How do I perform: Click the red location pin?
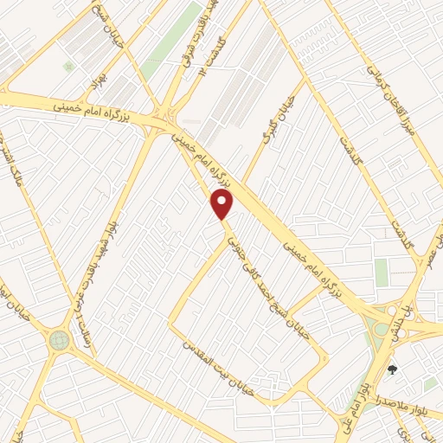click(223, 204)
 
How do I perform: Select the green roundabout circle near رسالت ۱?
click(59, 340)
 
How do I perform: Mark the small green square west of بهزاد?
click(67, 66)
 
